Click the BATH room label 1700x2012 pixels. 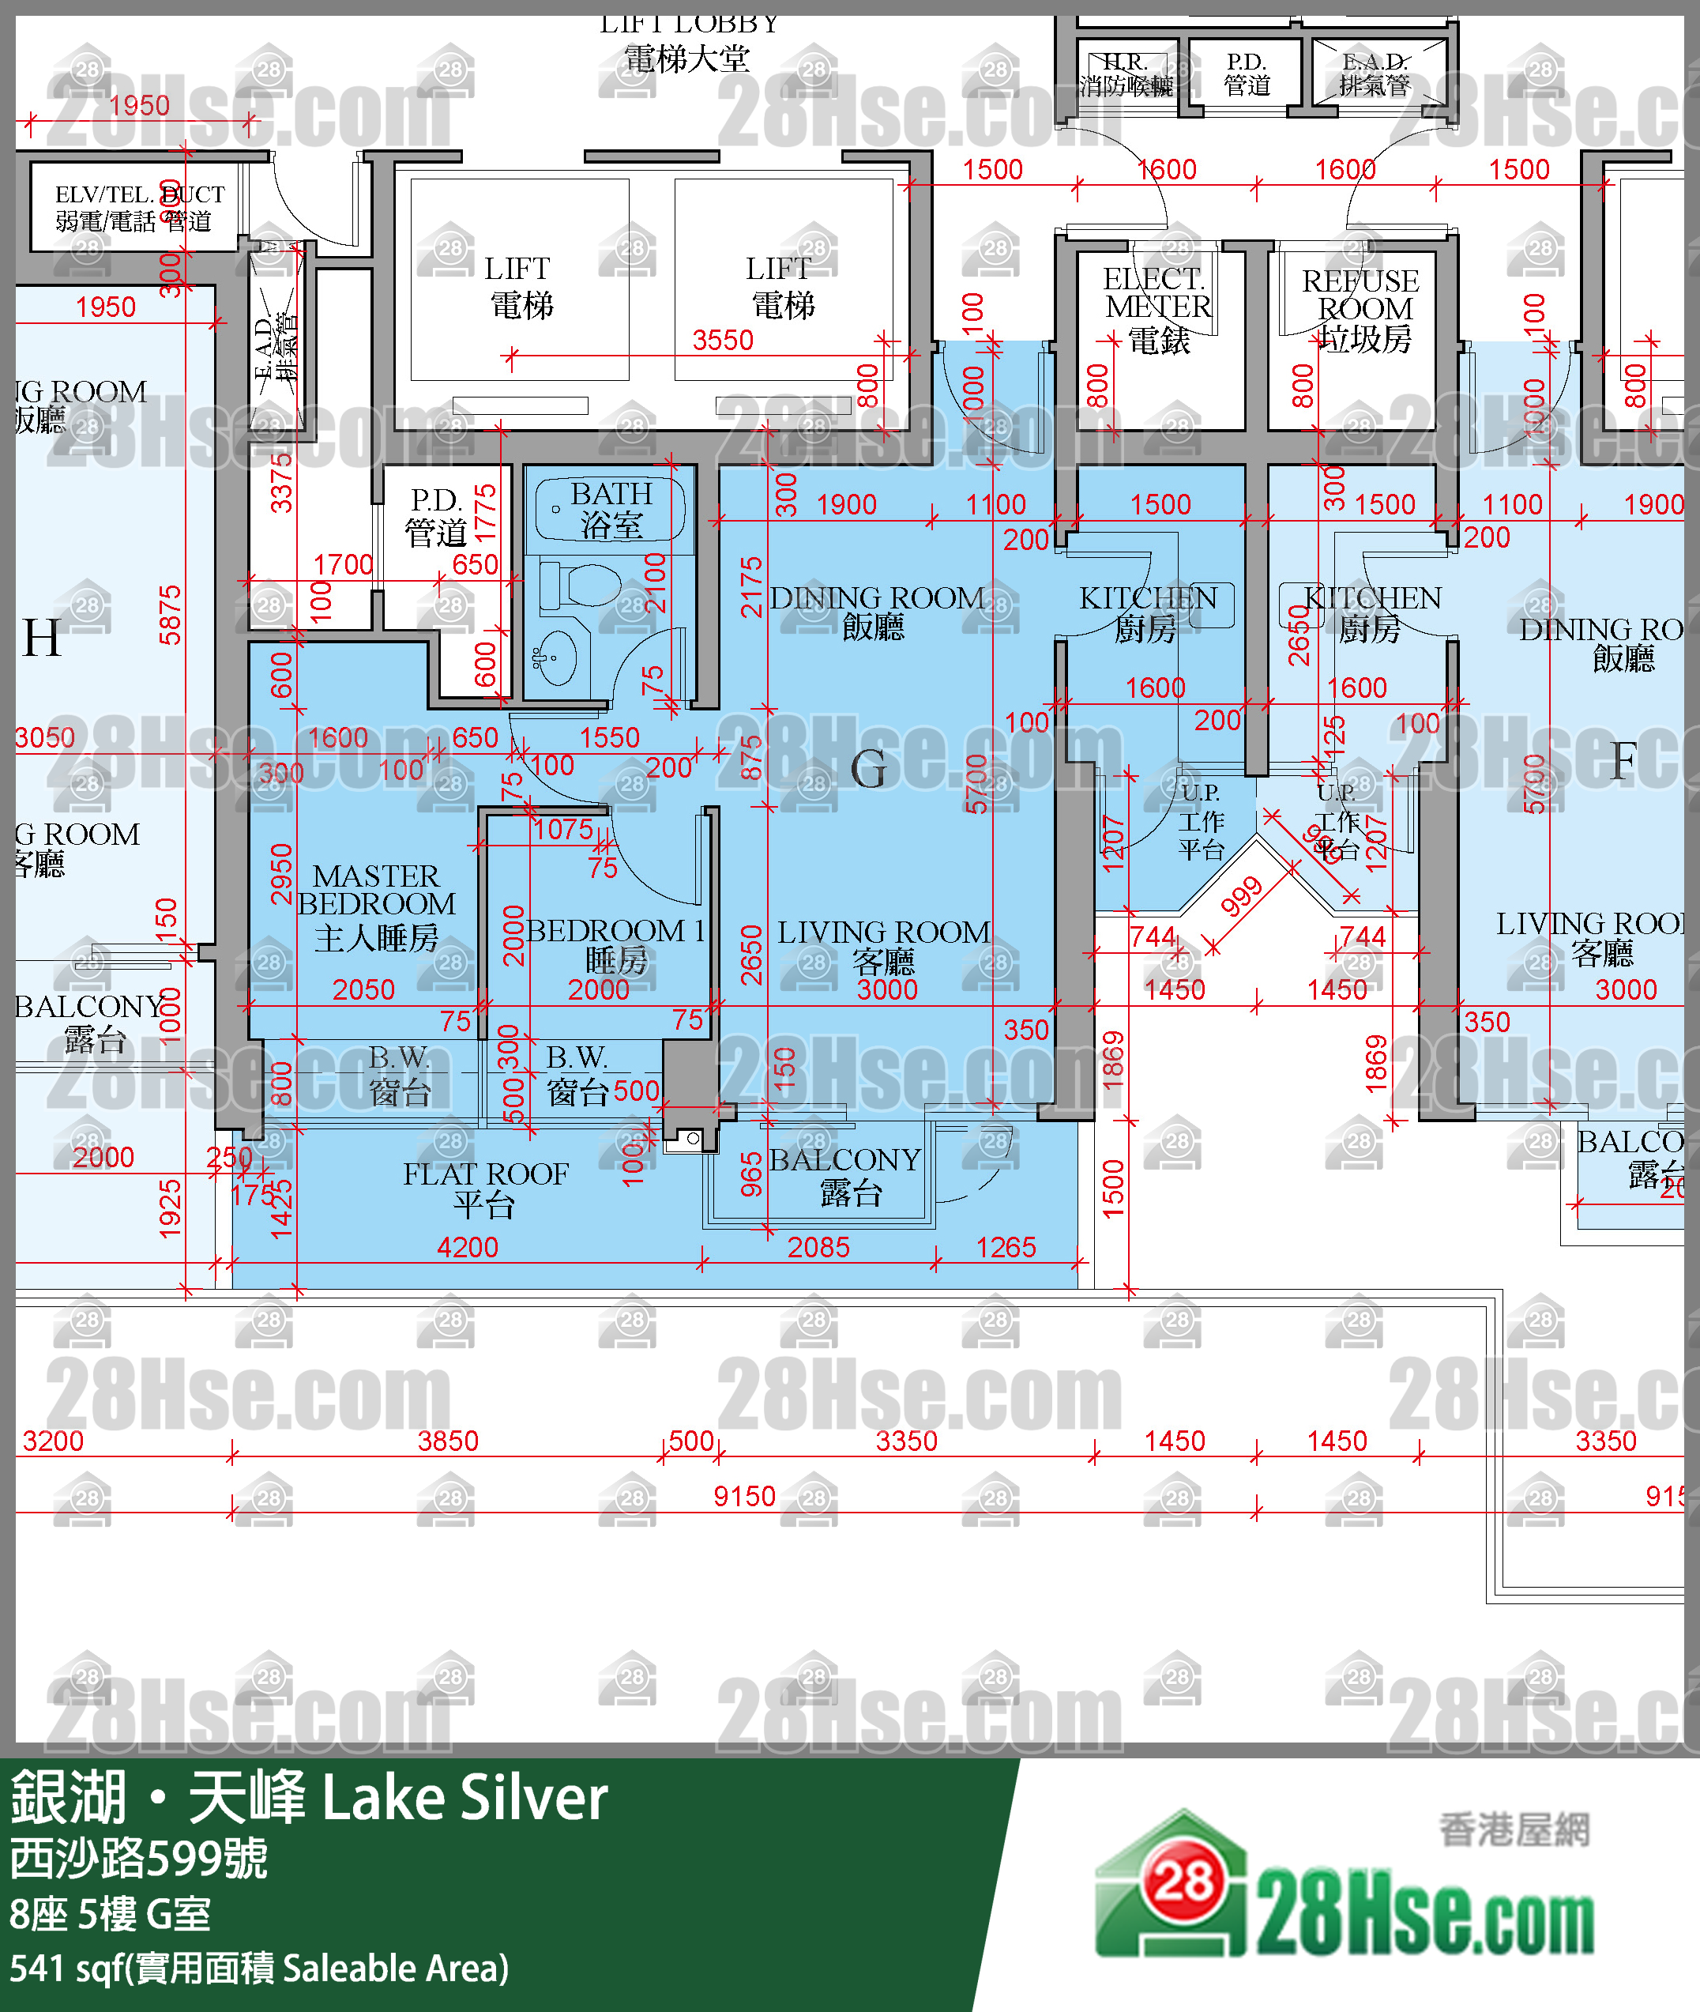611,508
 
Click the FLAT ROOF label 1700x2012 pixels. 485,1188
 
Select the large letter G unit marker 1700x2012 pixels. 868,770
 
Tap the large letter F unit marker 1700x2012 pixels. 1623,762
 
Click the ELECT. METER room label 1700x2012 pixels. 1157,307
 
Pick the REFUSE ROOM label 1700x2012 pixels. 1361,308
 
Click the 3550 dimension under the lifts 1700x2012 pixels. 722,341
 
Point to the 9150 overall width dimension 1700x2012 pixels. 744,1495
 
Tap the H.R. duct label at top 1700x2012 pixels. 1125,73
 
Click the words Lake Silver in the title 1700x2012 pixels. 464,1799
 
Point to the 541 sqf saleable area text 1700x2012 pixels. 258,1968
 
